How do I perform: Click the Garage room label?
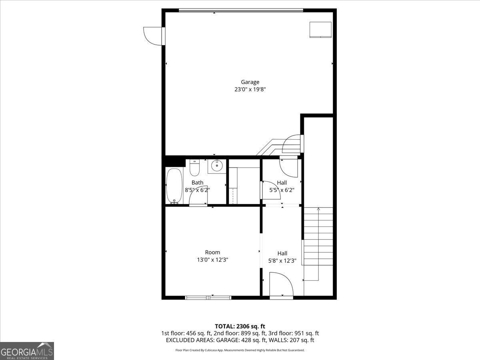coord(250,82)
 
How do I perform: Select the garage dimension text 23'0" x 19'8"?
coord(250,90)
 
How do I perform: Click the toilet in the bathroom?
coord(194,168)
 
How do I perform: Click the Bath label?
coord(197,183)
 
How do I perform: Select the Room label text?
coord(212,252)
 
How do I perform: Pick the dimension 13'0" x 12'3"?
coord(212,260)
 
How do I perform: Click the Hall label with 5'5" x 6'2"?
coord(282,183)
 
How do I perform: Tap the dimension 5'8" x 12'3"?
coord(282,261)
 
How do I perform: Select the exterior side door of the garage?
coord(154,36)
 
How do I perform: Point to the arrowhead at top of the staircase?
coord(318,208)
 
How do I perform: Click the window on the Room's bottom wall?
coord(208,298)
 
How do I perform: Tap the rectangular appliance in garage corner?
coord(320,30)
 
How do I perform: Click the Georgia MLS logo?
coord(27,351)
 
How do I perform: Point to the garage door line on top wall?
coord(241,10)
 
